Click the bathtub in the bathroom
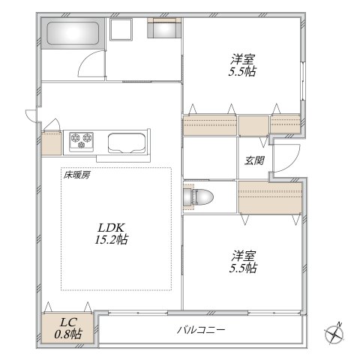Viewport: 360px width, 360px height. point(73,34)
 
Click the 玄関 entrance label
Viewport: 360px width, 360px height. point(253,160)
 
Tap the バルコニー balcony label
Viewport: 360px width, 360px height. point(201,330)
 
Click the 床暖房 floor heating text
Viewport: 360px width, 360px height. point(76,175)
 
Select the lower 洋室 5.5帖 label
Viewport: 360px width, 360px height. point(243,262)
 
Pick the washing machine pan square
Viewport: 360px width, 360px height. point(121,31)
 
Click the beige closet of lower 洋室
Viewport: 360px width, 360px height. point(271,196)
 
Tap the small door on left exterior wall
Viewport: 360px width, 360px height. point(30,115)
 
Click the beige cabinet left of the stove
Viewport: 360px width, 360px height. point(52,142)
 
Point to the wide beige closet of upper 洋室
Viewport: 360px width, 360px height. point(209,124)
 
